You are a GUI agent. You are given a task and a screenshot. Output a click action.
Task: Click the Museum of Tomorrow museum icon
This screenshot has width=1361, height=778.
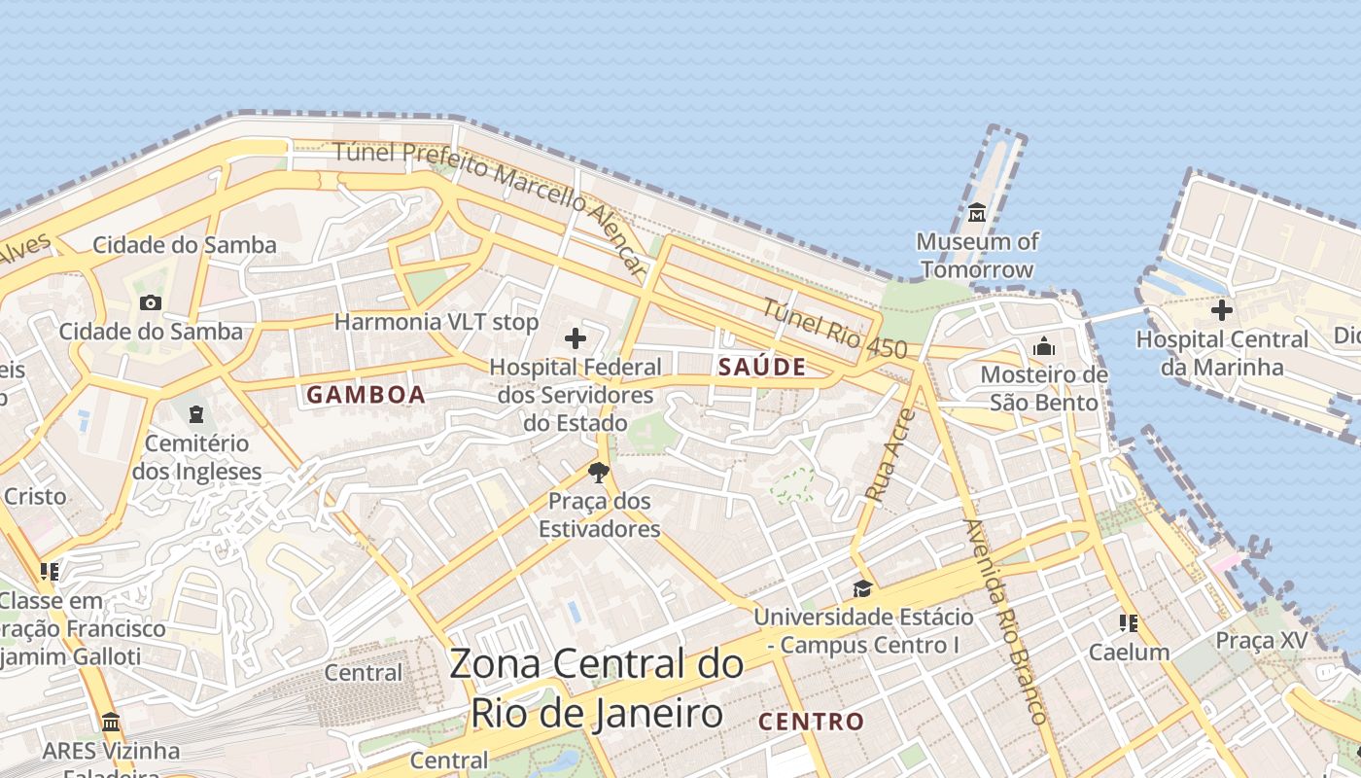(x=977, y=211)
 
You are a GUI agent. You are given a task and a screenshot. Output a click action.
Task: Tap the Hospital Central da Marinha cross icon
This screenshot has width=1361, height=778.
(x=1222, y=310)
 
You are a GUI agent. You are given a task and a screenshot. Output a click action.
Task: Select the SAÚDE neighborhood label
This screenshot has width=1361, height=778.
(x=762, y=367)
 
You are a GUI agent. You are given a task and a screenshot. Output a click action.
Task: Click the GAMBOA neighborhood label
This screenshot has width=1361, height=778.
(x=366, y=395)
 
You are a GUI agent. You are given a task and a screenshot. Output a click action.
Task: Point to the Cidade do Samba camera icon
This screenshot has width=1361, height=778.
(x=150, y=302)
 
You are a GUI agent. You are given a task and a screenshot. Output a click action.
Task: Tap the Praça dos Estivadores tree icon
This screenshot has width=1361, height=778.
(x=598, y=473)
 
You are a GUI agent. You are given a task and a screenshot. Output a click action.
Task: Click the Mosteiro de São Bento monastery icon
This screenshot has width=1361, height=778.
(x=1044, y=346)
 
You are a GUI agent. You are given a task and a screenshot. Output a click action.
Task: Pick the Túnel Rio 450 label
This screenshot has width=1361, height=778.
(x=833, y=330)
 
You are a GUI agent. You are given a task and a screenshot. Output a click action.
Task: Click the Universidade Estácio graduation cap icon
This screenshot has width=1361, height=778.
(x=862, y=588)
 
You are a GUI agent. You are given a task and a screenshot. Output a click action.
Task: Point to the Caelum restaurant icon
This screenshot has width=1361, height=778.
(x=1129, y=622)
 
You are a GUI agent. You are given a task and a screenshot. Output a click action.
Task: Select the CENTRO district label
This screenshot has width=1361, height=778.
(x=811, y=722)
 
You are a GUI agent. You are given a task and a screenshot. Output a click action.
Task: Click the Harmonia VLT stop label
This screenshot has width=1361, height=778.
(x=436, y=321)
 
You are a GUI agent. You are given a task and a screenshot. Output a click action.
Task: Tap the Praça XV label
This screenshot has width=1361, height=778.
(x=1261, y=640)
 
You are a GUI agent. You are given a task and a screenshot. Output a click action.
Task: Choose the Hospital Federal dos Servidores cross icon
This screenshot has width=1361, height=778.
(x=576, y=338)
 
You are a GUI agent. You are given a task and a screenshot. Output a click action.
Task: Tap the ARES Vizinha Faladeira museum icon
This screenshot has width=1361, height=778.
(x=111, y=723)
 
